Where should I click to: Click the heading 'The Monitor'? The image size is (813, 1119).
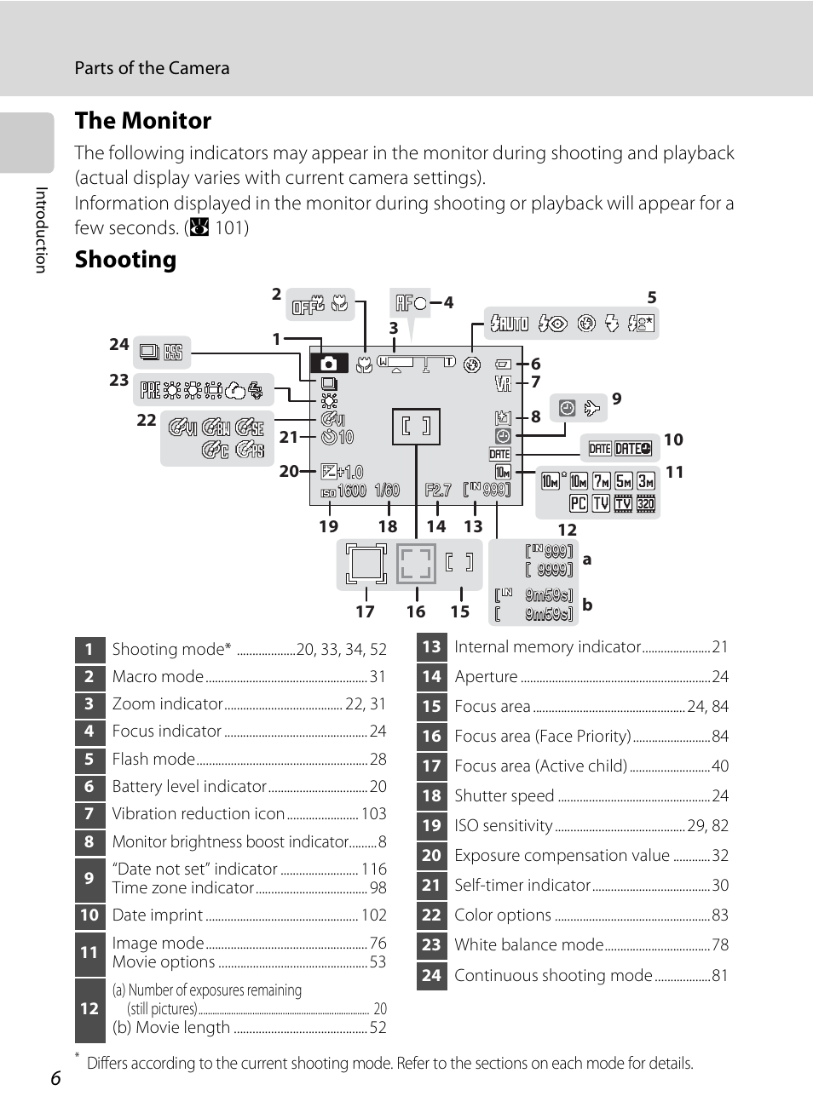[142, 121]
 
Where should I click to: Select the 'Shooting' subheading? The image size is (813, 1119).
[125, 260]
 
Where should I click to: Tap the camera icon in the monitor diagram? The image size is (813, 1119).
[329, 364]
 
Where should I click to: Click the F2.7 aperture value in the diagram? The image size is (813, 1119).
[438, 490]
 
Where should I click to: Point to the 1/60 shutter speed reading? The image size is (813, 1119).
[387, 490]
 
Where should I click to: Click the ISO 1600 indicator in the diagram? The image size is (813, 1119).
[343, 491]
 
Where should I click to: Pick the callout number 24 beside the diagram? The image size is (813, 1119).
[118, 345]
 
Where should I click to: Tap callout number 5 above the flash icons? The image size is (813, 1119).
[652, 297]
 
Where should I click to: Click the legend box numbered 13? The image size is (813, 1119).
[432, 646]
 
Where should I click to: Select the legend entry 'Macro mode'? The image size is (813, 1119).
[158, 676]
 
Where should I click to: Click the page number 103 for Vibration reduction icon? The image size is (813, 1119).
[373, 813]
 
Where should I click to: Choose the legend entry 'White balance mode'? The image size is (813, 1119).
[528, 944]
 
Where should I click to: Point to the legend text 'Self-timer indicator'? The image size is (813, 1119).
[522, 885]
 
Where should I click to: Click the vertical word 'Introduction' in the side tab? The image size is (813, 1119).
[40, 230]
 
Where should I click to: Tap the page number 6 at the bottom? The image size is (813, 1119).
[55, 1078]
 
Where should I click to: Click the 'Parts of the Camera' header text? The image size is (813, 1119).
[152, 68]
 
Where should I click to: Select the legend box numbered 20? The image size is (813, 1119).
[432, 855]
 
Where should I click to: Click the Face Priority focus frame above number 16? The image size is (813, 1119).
[416, 563]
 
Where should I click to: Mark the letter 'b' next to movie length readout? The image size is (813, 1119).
[587, 605]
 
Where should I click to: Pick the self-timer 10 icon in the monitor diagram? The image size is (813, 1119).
[337, 437]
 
